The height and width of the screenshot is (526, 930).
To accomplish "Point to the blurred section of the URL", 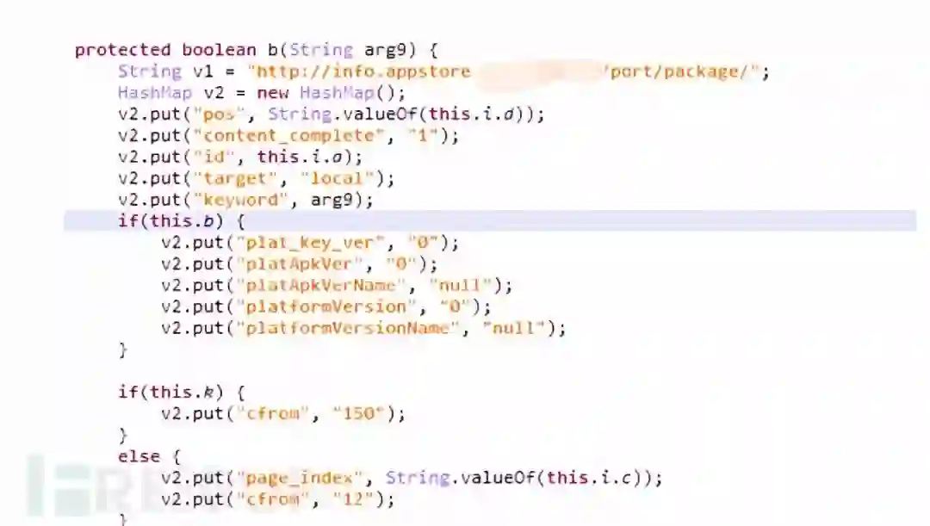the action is [537, 71].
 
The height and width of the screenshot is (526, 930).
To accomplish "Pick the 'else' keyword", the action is [139, 457].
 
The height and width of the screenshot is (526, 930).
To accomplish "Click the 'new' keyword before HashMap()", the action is [273, 93].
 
